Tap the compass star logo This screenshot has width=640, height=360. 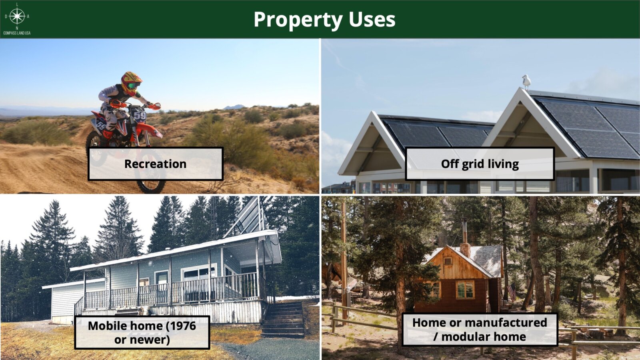pos(17,16)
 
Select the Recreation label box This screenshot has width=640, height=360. pos(156,164)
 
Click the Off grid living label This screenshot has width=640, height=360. pos(480,164)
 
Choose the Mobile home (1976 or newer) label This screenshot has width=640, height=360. pos(142,332)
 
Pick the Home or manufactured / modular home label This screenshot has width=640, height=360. pos(480,330)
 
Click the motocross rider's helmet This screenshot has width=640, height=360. pos(131,83)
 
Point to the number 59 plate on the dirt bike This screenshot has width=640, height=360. pos(140,115)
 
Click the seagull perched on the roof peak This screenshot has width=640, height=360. pos(526,82)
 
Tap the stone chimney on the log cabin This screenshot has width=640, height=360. pos(465,250)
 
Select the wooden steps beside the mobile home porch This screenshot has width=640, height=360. pos(283,320)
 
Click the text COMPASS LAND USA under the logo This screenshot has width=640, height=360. pos(17,33)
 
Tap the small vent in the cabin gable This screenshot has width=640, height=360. pos(448,261)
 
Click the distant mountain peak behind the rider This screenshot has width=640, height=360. pos(234,107)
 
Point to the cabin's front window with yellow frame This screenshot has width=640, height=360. pos(465,290)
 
